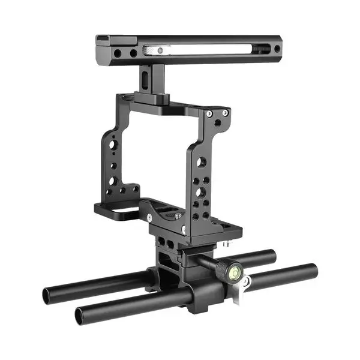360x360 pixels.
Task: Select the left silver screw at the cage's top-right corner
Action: tap(208, 114)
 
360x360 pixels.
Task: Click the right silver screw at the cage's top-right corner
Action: tap(225, 112)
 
